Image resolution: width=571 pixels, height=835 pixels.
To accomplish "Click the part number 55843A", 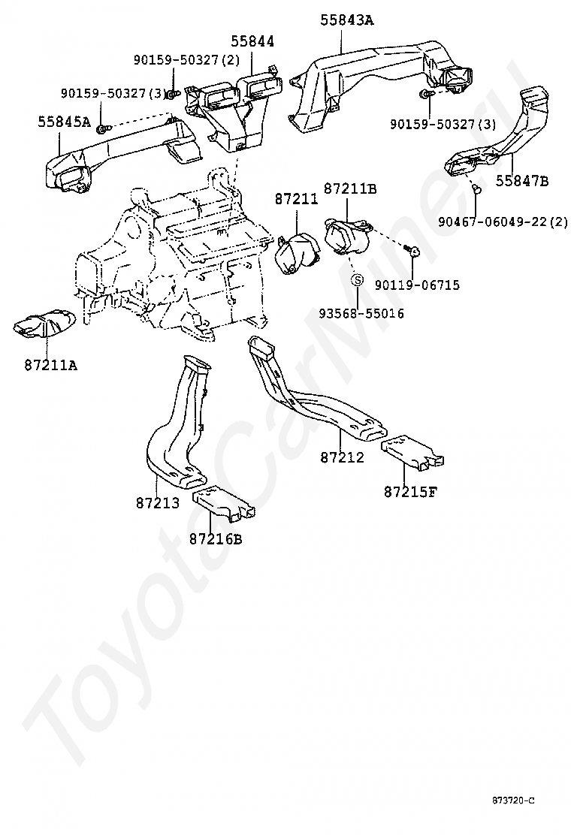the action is click(x=346, y=20).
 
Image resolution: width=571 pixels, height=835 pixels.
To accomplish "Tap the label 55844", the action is click(x=252, y=41).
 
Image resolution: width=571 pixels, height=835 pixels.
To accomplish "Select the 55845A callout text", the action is click(x=64, y=122).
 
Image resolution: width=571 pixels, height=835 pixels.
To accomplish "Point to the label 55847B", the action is click(x=522, y=182).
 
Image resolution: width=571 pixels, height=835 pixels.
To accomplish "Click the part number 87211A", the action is click(x=50, y=366).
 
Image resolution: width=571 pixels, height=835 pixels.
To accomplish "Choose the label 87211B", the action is click(x=350, y=188).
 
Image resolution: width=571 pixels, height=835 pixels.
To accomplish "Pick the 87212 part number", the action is click(x=342, y=457).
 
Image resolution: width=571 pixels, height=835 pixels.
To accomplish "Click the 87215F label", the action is click(x=410, y=492).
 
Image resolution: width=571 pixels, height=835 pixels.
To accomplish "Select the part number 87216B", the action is click(x=215, y=539).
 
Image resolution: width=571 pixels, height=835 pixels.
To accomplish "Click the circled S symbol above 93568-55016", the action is click(x=358, y=280).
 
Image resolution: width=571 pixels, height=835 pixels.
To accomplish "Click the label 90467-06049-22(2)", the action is click(x=503, y=221).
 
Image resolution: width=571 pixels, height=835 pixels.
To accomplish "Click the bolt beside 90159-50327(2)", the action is click(x=172, y=95).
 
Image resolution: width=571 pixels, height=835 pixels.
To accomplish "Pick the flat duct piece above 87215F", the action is click(x=412, y=451).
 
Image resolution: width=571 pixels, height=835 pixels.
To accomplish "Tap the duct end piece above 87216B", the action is click(x=223, y=502).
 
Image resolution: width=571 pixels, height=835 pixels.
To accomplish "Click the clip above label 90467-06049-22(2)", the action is click(x=477, y=189).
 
